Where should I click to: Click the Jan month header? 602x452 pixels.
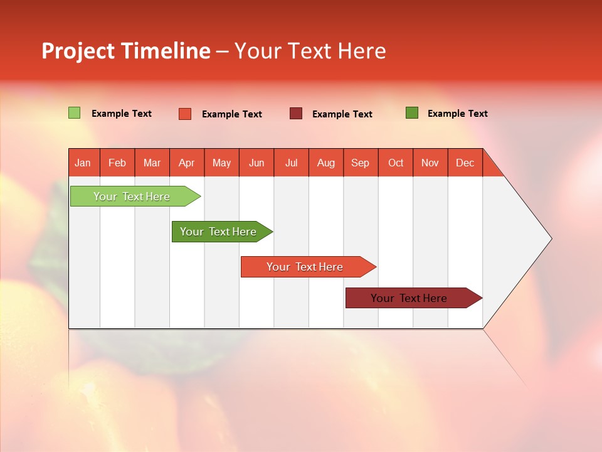[x=83, y=163]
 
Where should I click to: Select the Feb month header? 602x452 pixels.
[x=117, y=163]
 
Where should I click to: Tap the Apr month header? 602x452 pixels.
[x=187, y=163]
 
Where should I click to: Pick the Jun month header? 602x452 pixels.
[x=256, y=163]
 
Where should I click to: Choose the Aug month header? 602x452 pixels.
[x=326, y=163]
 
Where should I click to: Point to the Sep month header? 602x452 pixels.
[x=361, y=163]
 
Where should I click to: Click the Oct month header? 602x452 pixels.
[x=396, y=163]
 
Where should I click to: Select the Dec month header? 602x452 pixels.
[x=465, y=163]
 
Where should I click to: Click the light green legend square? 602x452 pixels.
[x=75, y=113]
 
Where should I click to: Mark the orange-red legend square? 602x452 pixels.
[x=185, y=114]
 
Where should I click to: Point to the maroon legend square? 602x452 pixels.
[x=296, y=113]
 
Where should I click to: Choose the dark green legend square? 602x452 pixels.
[x=412, y=113]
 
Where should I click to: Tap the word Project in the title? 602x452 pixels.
[x=78, y=51]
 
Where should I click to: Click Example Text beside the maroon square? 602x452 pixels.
[x=342, y=114]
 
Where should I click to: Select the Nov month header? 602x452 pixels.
[x=430, y=163]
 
